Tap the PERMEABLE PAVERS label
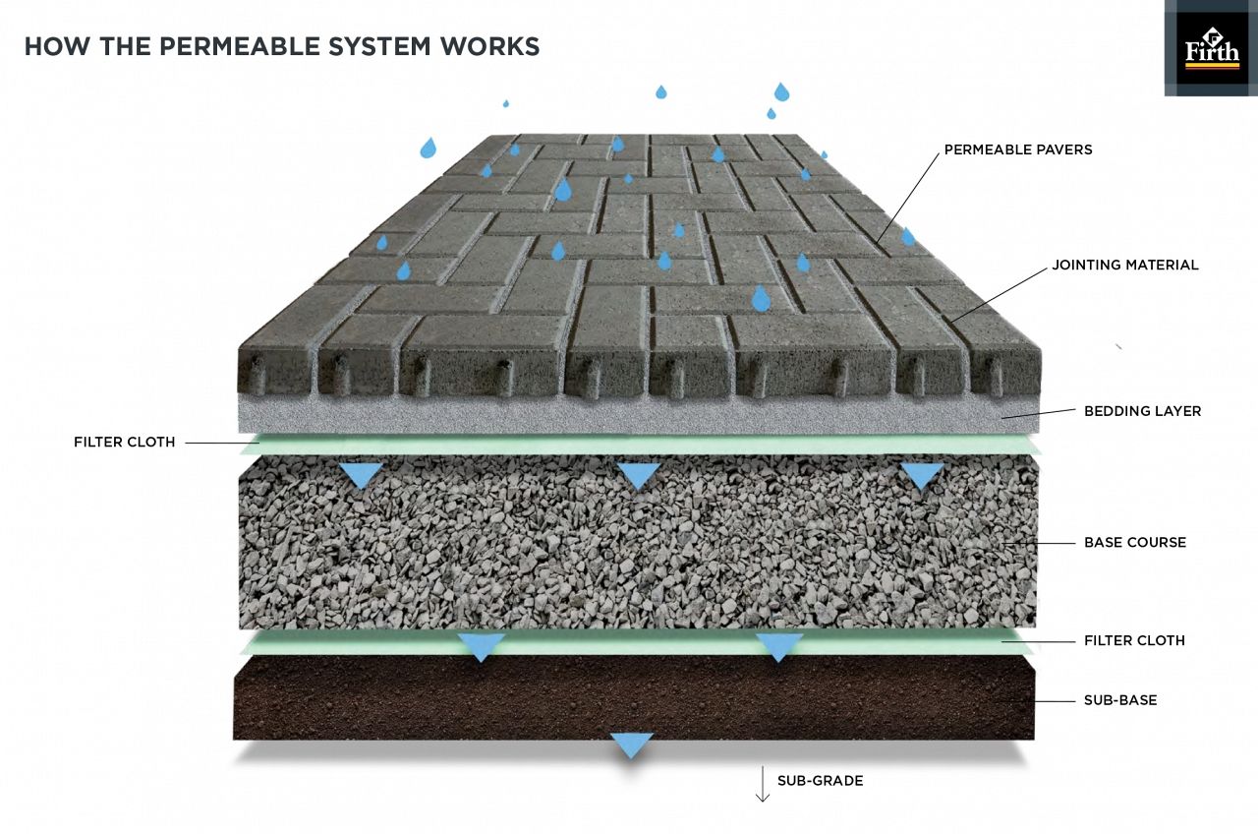point(1018,150)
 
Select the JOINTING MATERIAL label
point(1124,266)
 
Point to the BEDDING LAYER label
point(1142,411)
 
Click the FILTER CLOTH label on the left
point(124,443)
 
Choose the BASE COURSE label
point(1134,542)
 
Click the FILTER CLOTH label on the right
point(1134,640)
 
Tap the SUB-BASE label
point(1119,700)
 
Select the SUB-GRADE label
point(820,781)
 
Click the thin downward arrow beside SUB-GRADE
point(762,785)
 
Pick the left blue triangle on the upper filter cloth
point(362,476)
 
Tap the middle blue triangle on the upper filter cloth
point(639,476)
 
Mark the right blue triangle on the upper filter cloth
point(922,476)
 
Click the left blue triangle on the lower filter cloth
point(482,646)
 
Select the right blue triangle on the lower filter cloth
point(779,646)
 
